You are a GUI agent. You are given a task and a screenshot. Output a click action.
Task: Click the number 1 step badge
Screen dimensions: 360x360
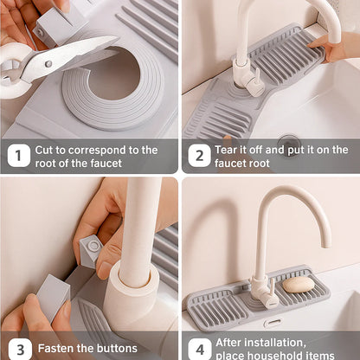[18, 156]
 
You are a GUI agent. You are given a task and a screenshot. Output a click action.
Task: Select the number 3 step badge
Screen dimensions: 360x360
[18, 349]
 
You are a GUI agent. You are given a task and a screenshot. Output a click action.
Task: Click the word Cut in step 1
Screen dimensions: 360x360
[45, 150]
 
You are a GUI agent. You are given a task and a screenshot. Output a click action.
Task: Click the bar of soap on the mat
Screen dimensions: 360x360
[299, 284]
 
